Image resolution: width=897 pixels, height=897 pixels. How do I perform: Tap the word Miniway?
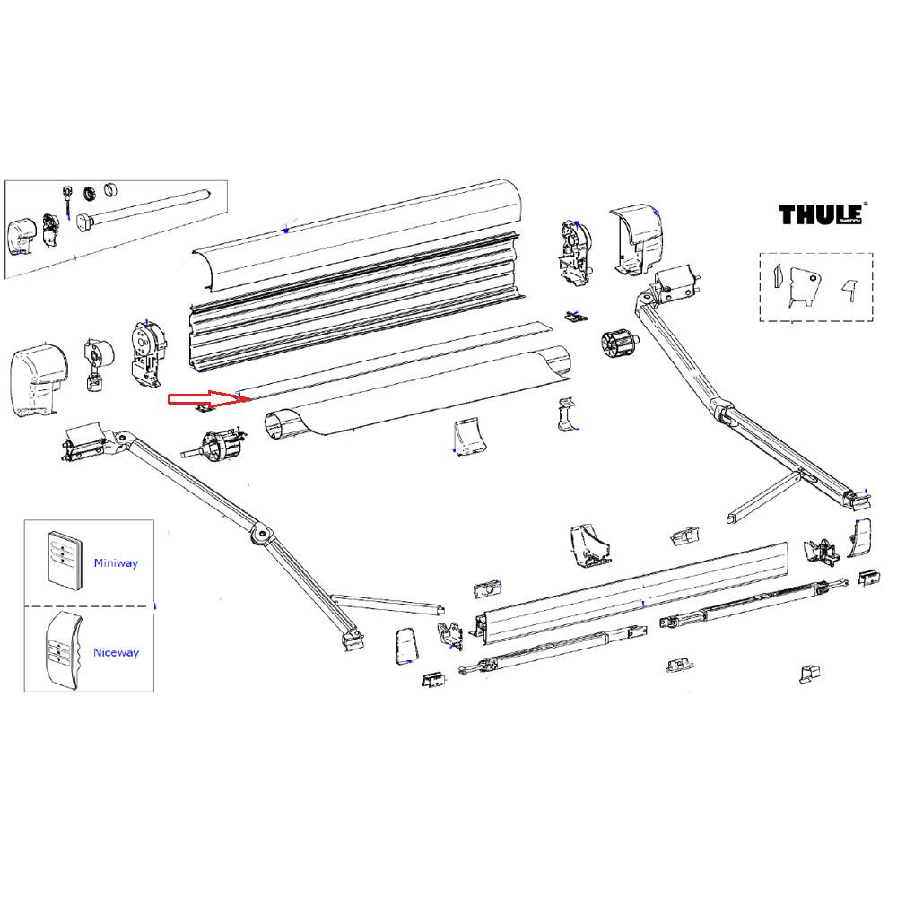pos(116,563)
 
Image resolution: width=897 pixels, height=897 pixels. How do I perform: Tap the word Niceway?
pos(117,653)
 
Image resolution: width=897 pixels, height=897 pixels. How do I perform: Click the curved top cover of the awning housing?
pos(359,238)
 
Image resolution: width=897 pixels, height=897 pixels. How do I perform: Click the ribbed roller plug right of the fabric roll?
pos(616,344)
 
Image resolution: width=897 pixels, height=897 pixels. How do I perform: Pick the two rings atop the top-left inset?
pos(100,191)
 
